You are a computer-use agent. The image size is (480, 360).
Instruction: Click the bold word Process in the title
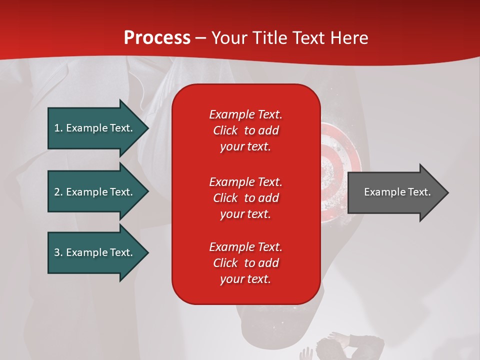157,37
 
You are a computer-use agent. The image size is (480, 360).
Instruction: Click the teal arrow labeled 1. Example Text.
95,128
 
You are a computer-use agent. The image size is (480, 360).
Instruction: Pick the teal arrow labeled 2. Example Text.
95,192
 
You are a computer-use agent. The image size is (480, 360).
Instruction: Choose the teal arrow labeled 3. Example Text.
95,252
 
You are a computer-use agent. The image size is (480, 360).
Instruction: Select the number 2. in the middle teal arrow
58,192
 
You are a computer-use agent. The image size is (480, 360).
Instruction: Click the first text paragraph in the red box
245,130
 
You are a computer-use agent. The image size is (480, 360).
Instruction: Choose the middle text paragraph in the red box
245,198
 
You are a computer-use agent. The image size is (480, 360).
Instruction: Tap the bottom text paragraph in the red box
245,263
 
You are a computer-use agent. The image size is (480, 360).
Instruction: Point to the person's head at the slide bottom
332,347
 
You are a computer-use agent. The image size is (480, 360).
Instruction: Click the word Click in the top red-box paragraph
225,130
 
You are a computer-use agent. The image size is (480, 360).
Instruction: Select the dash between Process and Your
201,38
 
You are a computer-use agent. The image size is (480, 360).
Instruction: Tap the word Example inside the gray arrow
381,192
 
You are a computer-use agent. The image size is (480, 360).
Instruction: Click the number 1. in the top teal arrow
58,128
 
